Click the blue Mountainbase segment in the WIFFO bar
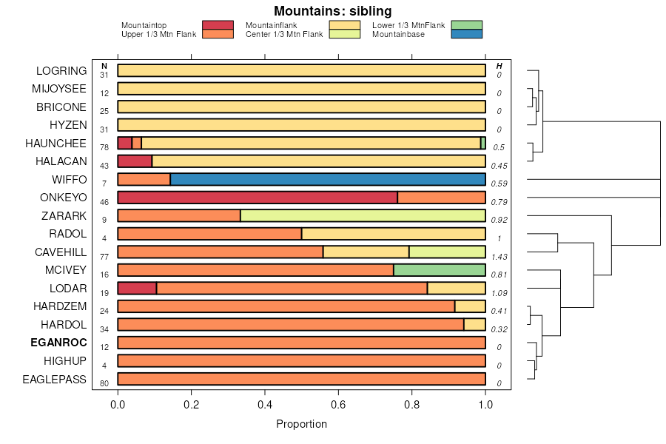328,179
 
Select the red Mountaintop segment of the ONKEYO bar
258,198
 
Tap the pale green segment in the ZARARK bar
363,215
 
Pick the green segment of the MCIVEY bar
440,270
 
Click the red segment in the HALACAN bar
135,161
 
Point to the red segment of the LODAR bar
137,288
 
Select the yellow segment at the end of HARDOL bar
474,324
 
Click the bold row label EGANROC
58,343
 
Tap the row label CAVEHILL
61,252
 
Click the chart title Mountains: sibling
333,11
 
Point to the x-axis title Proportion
301,424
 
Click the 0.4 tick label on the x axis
264,404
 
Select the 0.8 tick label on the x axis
411,404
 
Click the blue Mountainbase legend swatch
466,34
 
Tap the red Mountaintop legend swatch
218,25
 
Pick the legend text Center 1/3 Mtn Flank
283,34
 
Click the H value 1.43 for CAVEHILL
499,256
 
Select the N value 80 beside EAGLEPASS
104,383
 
